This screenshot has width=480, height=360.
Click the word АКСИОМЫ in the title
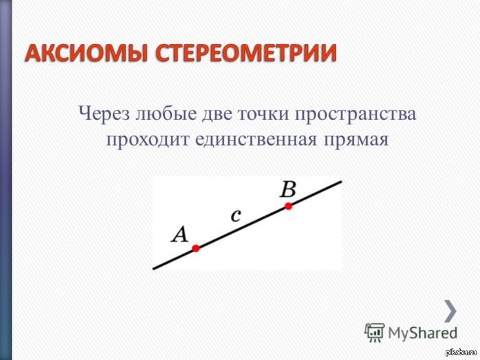point(88,53)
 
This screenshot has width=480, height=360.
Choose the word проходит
point(147,139)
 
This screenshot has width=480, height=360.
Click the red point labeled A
point(195,248)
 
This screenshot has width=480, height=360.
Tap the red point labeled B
point(289,206)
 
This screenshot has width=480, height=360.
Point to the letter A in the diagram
point(180,235)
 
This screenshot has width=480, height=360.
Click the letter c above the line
point(236,215)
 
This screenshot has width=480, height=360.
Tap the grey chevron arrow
point(450,311)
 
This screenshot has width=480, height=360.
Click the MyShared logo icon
point(374,333)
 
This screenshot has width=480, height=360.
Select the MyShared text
point(422,333)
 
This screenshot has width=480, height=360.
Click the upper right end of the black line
point(340,182)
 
